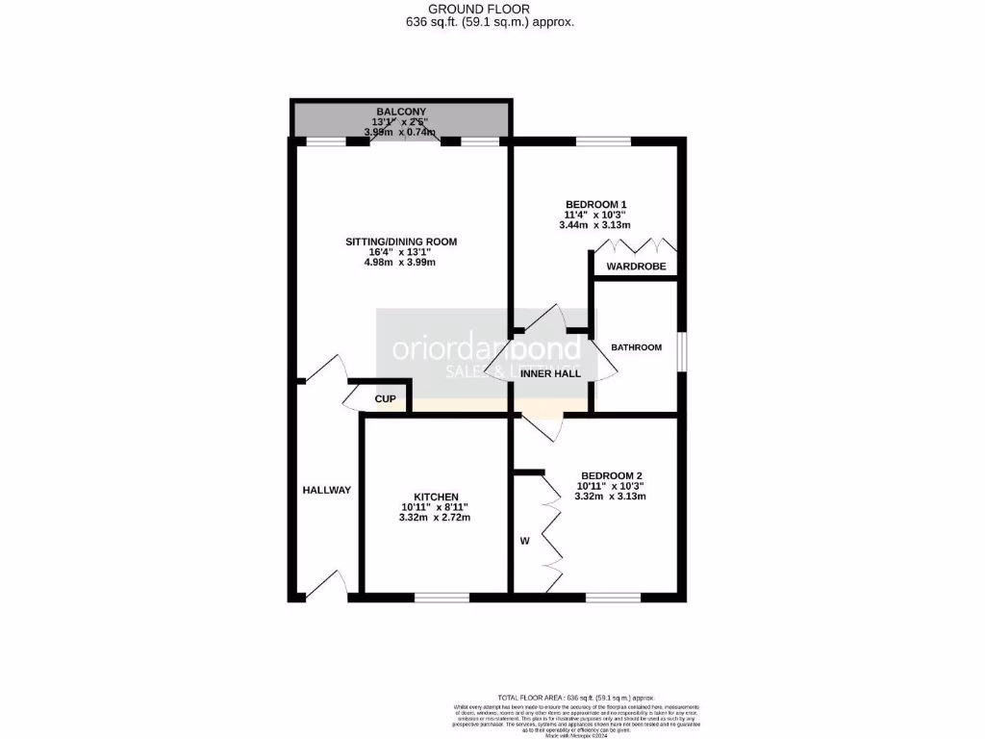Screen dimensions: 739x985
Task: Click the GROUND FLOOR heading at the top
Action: pyautogui.click(x=492, y=9)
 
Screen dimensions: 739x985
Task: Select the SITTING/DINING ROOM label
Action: pyautogui.click(x=401, y=242)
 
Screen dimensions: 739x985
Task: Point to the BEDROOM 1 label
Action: pyautogui.click(x=596, y=204)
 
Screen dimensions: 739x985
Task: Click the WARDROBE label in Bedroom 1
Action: pyautogui.click(x=635, y=267)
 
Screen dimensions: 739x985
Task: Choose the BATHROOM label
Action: pyautogui.click(x=637, y=347)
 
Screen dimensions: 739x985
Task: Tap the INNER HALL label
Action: pyautogui.click(x=550, y=372)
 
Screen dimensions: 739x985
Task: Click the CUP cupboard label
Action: pyautogui.click(x=385, y=398)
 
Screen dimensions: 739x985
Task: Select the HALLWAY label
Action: pyautogui.click(x=327, y=490)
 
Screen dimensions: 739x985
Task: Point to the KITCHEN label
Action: pyautogui.click(x=436, y=497)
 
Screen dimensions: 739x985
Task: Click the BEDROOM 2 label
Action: pyautogui.click(x=610, y=476)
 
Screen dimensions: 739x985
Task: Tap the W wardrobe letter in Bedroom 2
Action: pyautogui.click(x=525, y=542)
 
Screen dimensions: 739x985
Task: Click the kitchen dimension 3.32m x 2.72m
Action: pyautogui.click(x=436, y=519)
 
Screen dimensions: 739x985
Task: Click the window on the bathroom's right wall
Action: pyautogui.click(x=681, y=352)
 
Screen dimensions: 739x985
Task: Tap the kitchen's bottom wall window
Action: pyautogui.click(x=442, y=598)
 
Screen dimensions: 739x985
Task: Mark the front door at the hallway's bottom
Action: pyautogui.click(x=325, y=585)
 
